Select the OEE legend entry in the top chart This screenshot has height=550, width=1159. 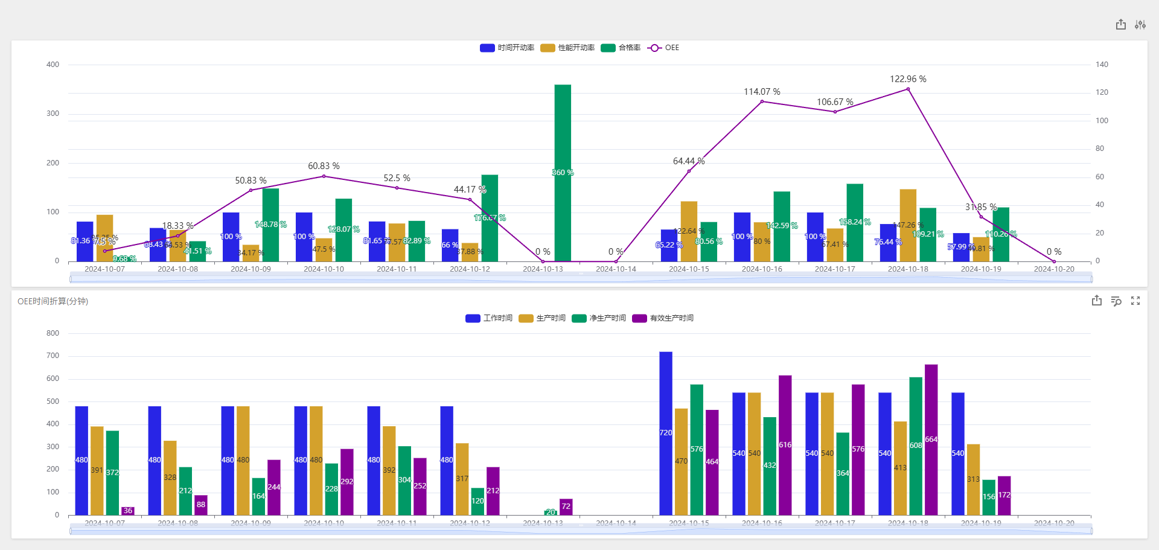pos(663,48)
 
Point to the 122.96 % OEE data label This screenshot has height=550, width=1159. pos(908,79)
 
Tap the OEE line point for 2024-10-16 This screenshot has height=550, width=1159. pos(762,101)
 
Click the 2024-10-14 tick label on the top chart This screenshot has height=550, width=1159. pos(616,269)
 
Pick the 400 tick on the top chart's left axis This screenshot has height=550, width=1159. pos(53,65)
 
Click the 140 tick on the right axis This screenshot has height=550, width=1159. pos(1102,65)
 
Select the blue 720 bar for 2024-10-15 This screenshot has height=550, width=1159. pos(666,432)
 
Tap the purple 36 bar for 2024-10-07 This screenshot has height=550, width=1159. pos(127,511)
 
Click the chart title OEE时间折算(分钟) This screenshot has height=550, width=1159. pos(53,301)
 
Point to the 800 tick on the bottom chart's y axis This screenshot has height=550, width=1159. pos(53,333)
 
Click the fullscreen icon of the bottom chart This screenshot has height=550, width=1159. pos(1135,301)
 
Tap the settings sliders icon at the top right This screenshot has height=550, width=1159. pos(1140,25)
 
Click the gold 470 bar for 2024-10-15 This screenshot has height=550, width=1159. pos(682,461)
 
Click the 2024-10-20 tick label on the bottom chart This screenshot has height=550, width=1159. pos(1054,523)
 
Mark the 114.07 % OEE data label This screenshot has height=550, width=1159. pos(762,92)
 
